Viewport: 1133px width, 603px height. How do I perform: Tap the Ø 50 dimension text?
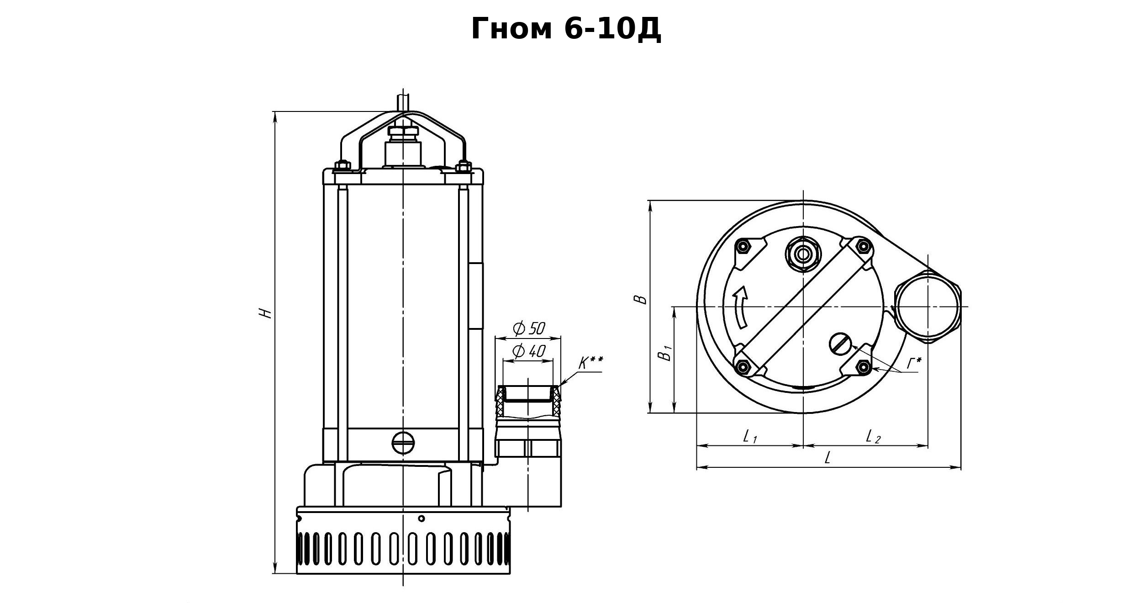529,328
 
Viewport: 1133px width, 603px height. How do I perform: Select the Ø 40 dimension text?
529,351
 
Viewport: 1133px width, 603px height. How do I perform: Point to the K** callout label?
590,363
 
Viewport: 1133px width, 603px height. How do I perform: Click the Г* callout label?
914,364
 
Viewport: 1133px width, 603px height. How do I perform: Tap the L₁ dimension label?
750,436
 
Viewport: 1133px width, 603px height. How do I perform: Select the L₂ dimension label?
873,436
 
